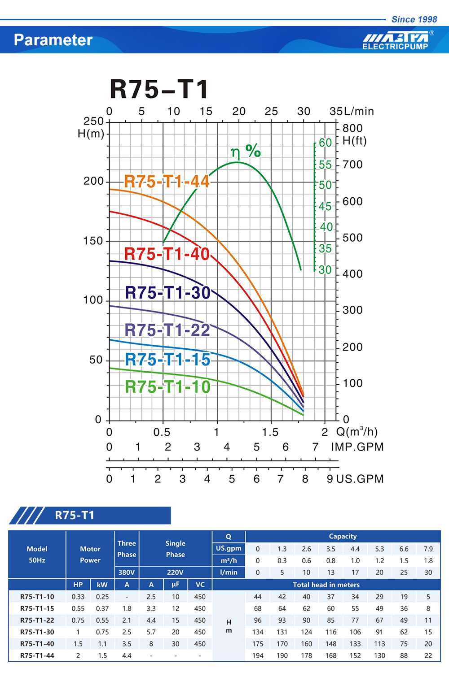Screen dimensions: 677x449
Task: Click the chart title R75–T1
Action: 159,89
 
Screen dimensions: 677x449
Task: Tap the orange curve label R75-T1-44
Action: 167,182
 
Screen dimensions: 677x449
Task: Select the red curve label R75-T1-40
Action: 167,254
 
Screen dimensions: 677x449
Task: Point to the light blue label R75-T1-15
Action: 167,359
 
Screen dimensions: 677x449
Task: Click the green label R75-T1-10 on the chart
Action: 167,386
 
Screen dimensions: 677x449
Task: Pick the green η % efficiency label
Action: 246,151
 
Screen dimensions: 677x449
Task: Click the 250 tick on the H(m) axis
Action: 93,121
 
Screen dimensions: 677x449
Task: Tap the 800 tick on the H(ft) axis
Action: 352,128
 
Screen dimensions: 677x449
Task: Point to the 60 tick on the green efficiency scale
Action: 325,143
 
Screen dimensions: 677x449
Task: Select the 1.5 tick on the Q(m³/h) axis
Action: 270,432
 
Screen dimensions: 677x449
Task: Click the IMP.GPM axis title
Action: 357,447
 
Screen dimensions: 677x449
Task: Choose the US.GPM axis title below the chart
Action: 360,479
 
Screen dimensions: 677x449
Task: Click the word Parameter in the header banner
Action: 53,40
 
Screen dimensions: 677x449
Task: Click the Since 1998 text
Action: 414,19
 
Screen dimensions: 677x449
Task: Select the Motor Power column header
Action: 90,554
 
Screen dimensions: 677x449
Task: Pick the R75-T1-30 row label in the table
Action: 37,632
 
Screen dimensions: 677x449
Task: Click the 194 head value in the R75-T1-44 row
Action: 258,655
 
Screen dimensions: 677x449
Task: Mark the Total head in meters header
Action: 326,585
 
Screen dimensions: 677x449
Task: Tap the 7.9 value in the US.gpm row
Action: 428,549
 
